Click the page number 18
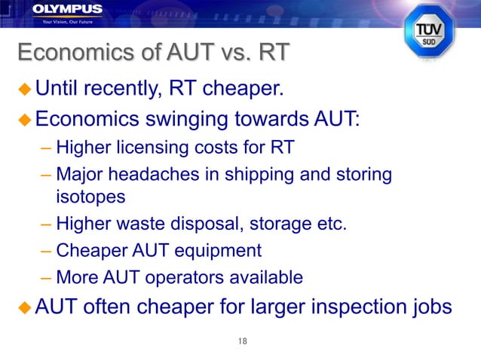[242, 342]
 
